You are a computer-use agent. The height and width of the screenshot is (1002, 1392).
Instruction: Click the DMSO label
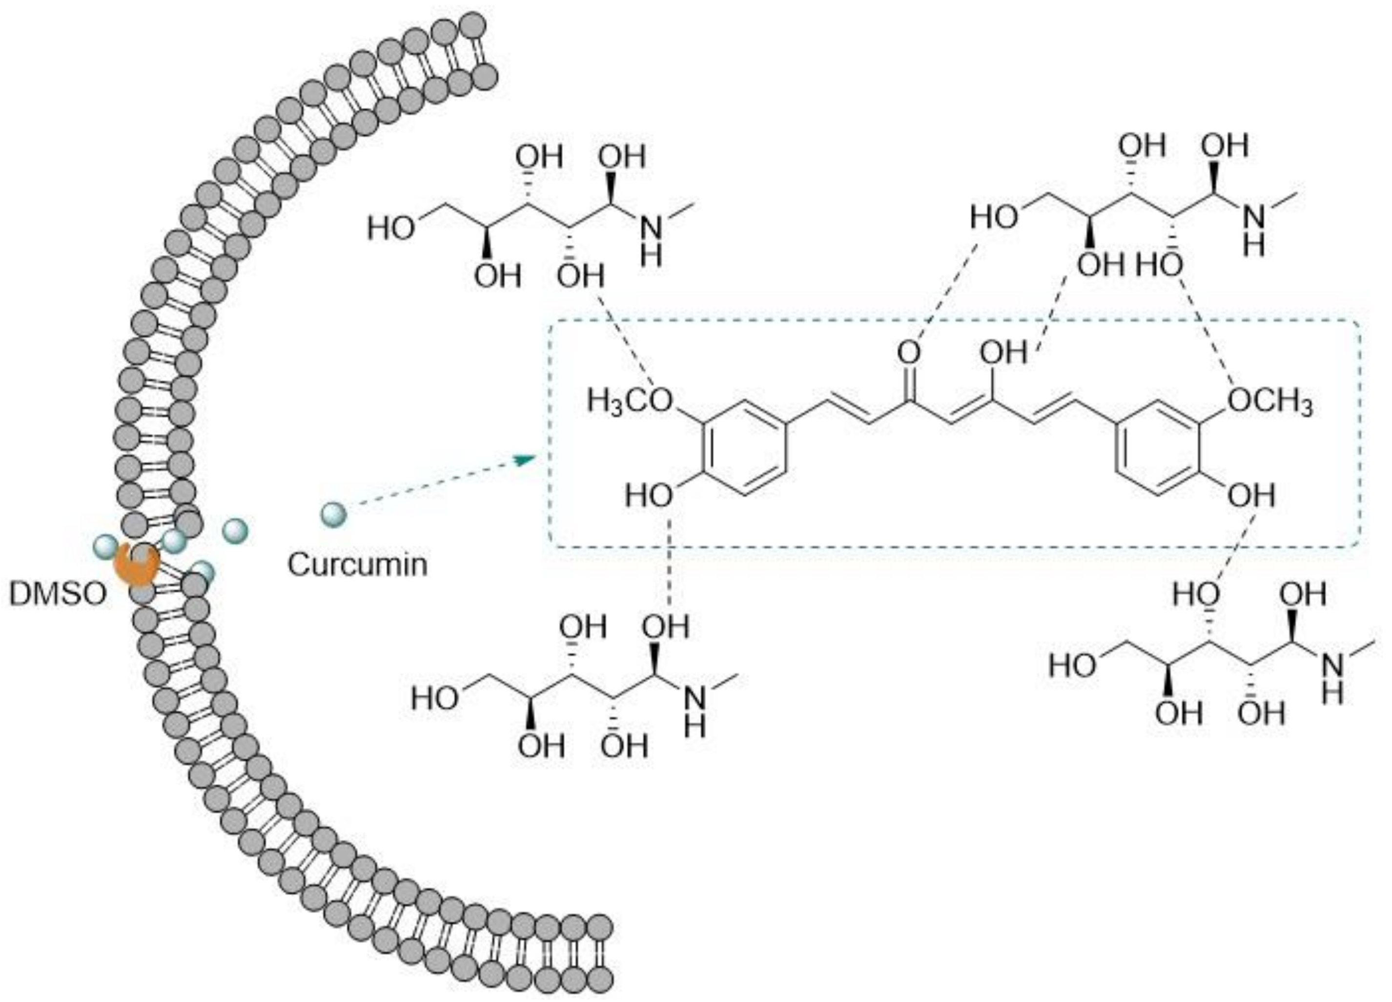tap(57, 594)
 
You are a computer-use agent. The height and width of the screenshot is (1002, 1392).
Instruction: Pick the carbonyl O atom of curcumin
tap(909, 353)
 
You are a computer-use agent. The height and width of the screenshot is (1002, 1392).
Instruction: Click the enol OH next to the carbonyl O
tap(1002, 353)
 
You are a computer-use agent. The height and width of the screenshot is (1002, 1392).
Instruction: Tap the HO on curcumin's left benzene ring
tap(649, 495)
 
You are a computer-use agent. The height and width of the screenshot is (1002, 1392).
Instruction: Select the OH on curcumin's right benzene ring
tap(1251, 495)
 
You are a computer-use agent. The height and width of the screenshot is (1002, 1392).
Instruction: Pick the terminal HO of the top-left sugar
tap(390, 229)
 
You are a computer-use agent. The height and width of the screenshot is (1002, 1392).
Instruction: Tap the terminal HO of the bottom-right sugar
tap(1072, 666)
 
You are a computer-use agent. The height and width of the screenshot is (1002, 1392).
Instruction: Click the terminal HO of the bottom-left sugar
tap(434, 699)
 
